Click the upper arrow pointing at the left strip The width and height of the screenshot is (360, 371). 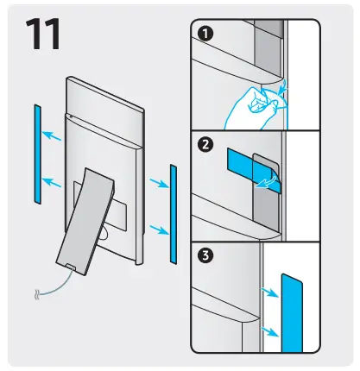pos(54,135)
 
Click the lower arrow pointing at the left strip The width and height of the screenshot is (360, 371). pos(54,181)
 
